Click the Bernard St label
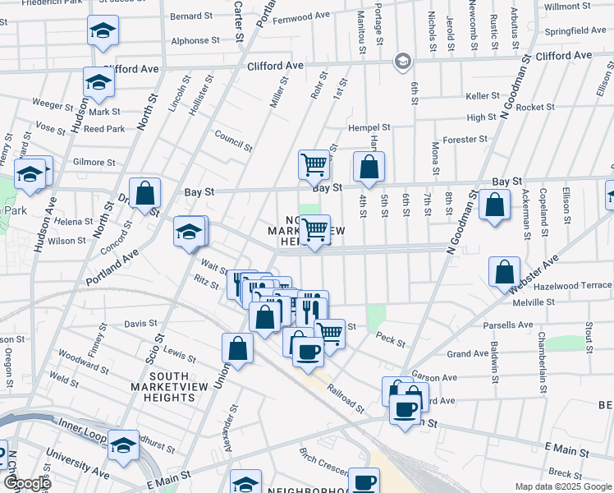[x=191, y=16]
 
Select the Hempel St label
[x=369, y=128]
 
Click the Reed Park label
[x=104, y=129]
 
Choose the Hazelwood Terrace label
[x=572, y=285]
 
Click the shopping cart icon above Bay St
[x=314, y=164]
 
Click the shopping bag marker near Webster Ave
[x=504, y=271]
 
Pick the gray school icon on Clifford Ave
[x=403, y=61]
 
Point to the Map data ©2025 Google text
[x=563, y=486]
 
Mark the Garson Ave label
[x=428, y=371]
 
